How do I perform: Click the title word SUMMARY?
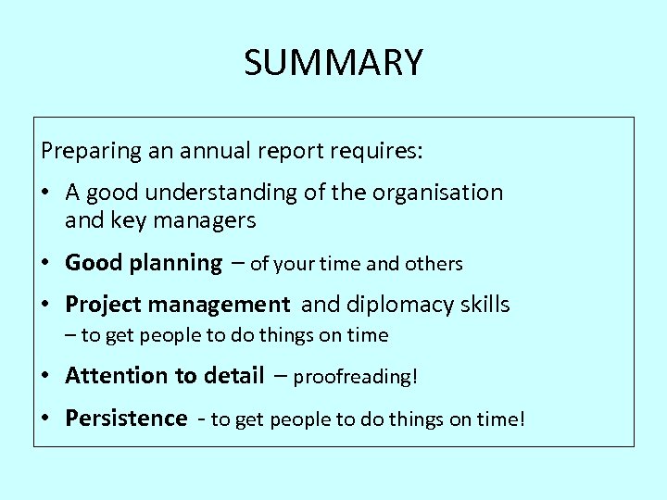coord(333,63)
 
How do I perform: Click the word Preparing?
coord(82,149)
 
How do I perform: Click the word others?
coord(433,264)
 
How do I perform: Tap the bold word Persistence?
coord(126,419)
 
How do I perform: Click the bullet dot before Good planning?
coord(45,264)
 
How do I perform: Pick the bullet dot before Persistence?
coord(45,419)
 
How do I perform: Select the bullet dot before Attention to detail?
coord(45,377)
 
